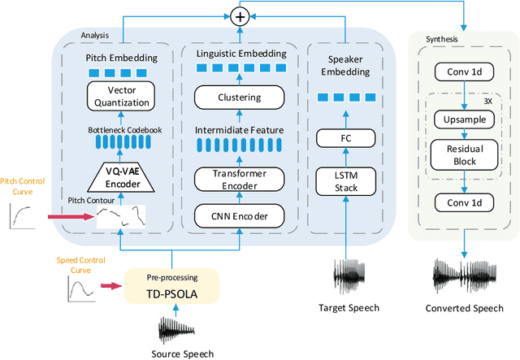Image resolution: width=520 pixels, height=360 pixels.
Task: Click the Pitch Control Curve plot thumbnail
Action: [25, 216]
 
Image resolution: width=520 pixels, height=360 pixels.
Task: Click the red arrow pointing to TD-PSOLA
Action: [110, 286]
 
